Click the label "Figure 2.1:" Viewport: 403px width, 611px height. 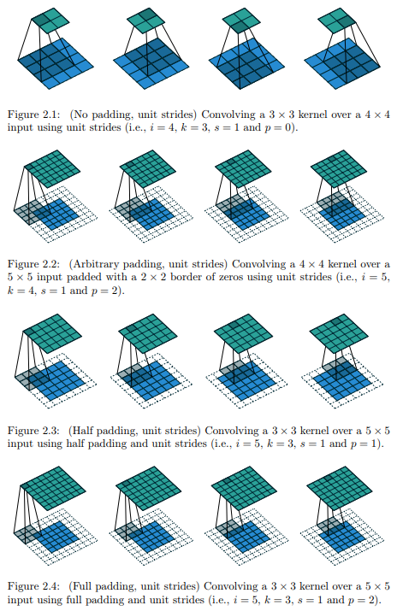34,115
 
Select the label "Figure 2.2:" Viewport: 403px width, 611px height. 34,264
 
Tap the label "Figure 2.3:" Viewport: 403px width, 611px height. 34,431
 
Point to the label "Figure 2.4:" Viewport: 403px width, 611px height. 34,586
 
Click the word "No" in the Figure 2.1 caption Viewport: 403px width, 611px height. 80,115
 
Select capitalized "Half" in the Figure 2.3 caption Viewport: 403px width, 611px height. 80,431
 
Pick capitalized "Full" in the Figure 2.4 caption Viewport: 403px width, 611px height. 80,586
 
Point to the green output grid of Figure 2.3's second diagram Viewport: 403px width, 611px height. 148,334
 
